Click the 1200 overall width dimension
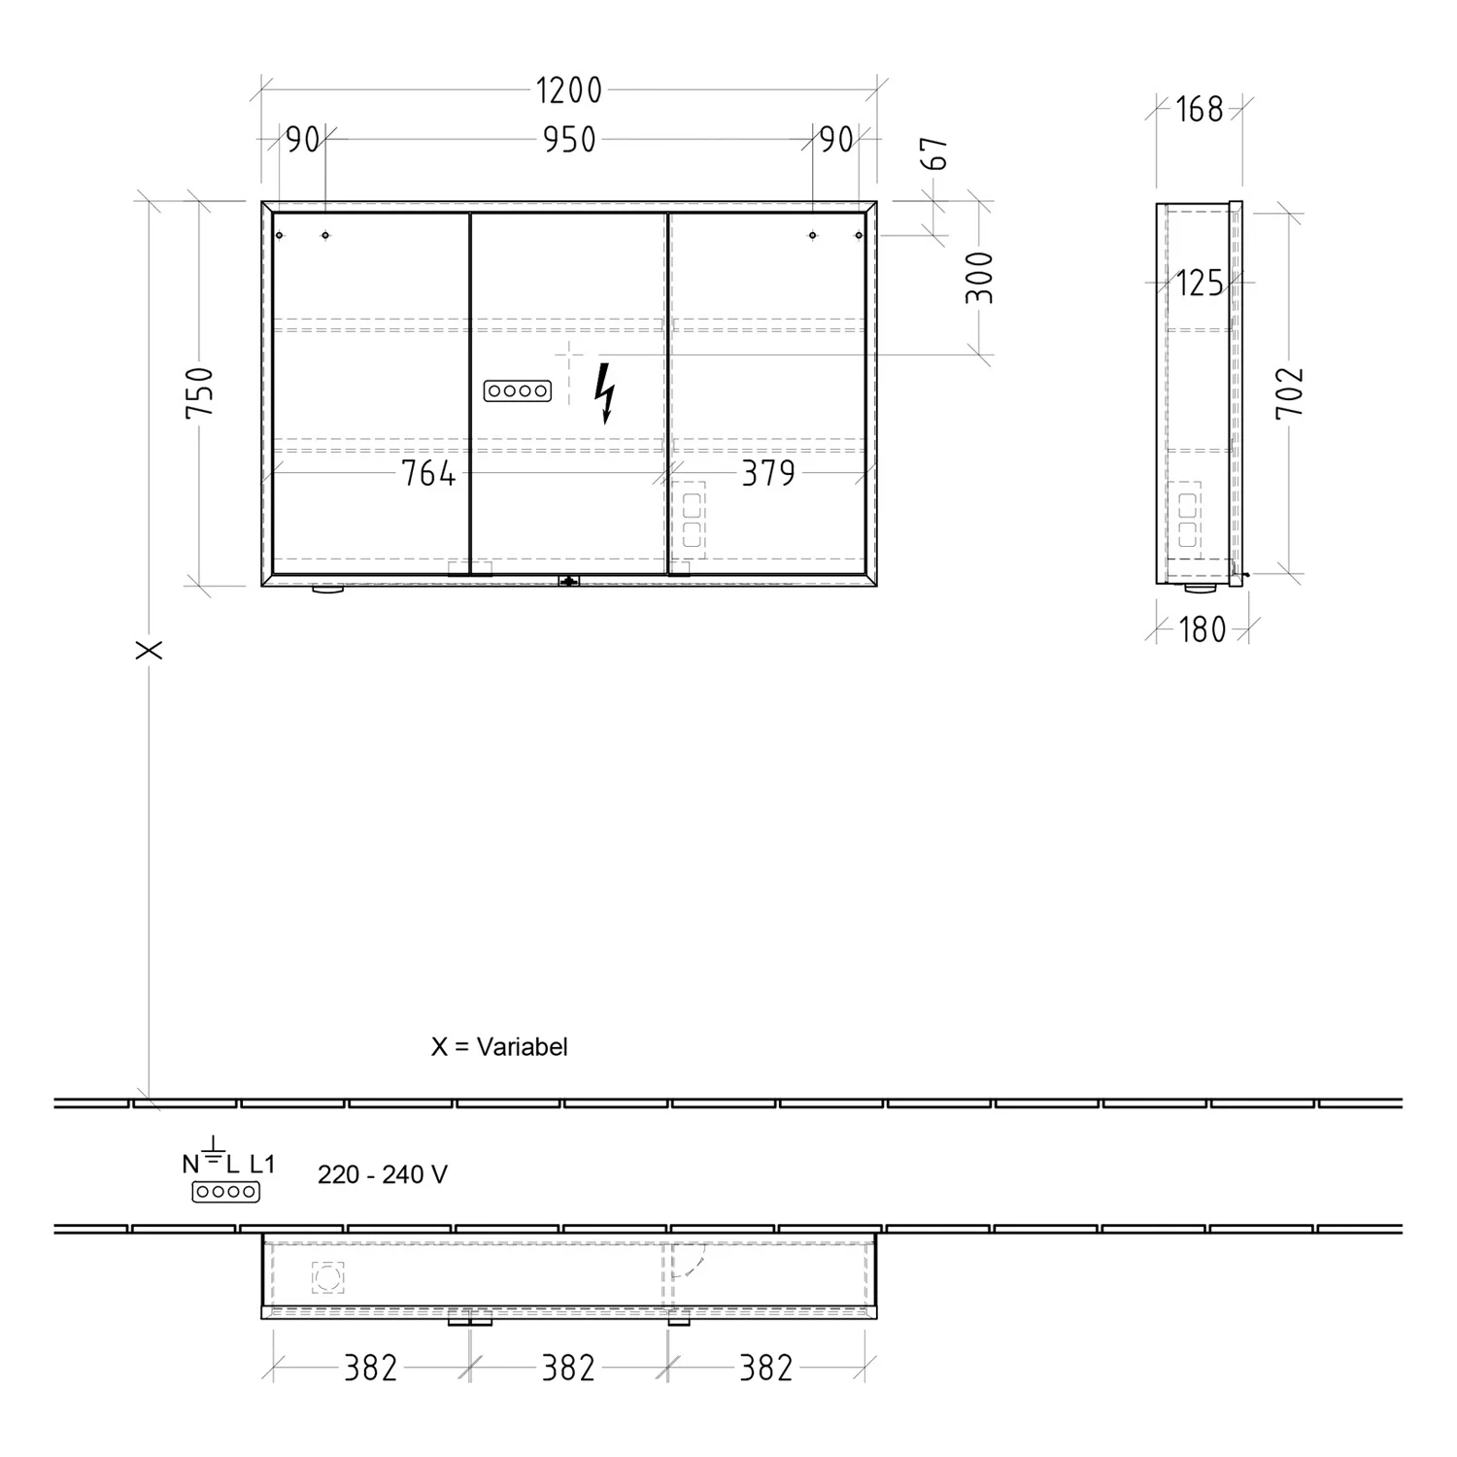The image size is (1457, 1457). click(569, 90)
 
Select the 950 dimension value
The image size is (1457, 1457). click(569, 140)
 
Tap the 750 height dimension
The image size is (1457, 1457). click(200, 391)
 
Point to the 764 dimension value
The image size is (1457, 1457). click(428, 473)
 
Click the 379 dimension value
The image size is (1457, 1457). click(768, 473)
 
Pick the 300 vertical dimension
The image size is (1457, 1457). click(980, 277)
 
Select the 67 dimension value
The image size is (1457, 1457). click(937, 153)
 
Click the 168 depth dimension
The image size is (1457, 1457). click(1200, 110)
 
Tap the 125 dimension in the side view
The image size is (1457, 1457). click(1200, 284)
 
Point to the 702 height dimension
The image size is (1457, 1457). click(1290, 392)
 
